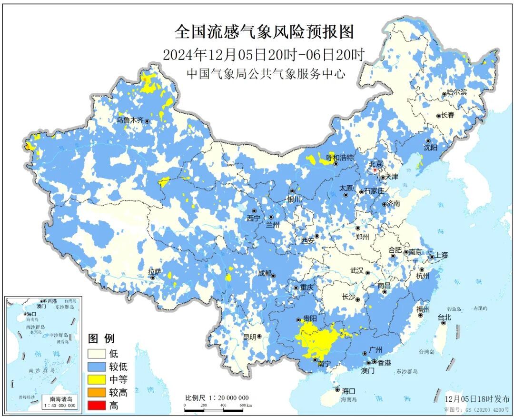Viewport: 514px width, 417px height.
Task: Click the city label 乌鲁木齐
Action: pyautogui.click(x=129, y=120)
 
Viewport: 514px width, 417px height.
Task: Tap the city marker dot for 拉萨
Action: pyautogui.click(x=153, y=278)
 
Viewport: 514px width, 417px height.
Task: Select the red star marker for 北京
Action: pyautogui.click(x=375, y=169)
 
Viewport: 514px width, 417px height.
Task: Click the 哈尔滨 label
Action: pyautogui.click(x=458, y=93)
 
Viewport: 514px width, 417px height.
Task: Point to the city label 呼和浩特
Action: pyautogui.click(x=340, y=157)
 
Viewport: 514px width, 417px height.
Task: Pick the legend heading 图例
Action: pyautogui.click(x=101, y=339)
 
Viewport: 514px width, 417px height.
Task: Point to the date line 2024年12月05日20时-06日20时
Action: pyautogui.click(x=263, y=55)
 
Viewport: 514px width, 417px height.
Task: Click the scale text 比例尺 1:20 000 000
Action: pyautogui.click(x=217, y=398)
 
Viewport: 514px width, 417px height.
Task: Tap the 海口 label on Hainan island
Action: pyautogui.click(x=348, y=391)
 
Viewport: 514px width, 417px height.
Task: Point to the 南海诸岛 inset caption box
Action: pyautogui.click(x=61, y=402)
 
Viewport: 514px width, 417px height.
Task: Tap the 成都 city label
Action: pyautogui.click(x=264, y=273)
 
